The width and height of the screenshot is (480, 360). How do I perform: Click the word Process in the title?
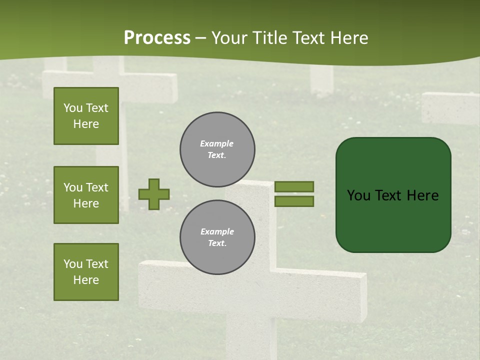(x=157, y=38)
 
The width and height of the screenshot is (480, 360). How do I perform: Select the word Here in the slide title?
(x=348, y=38)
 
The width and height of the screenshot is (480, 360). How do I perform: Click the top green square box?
(x=86, y=116)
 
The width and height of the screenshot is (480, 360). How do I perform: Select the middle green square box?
(x=86, y=195)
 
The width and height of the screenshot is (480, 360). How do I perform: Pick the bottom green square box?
(x=86, y=271)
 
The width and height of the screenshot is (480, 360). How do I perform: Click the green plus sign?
(x=154, y=194)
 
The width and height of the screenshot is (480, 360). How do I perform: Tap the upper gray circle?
(x=217, y=149)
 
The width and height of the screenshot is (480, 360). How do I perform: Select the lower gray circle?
(x=217, y=237)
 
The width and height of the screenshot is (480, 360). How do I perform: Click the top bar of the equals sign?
(x=294, y=186)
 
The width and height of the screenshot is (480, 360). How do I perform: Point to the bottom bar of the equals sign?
(x=294, y=201)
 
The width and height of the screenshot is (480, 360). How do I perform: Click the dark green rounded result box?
(x=393, y=194)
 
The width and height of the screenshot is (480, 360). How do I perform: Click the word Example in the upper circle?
(x=217, y=143)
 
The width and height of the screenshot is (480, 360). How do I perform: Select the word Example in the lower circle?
(x=217, y=231)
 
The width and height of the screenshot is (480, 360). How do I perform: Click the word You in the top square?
(x=73, y=108)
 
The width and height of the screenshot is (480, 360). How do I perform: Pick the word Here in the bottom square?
(x=86, y=280)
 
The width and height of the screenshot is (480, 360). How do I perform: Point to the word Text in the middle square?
(x=97, y=187)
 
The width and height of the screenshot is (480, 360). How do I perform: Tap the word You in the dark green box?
(x=358, y=195)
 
